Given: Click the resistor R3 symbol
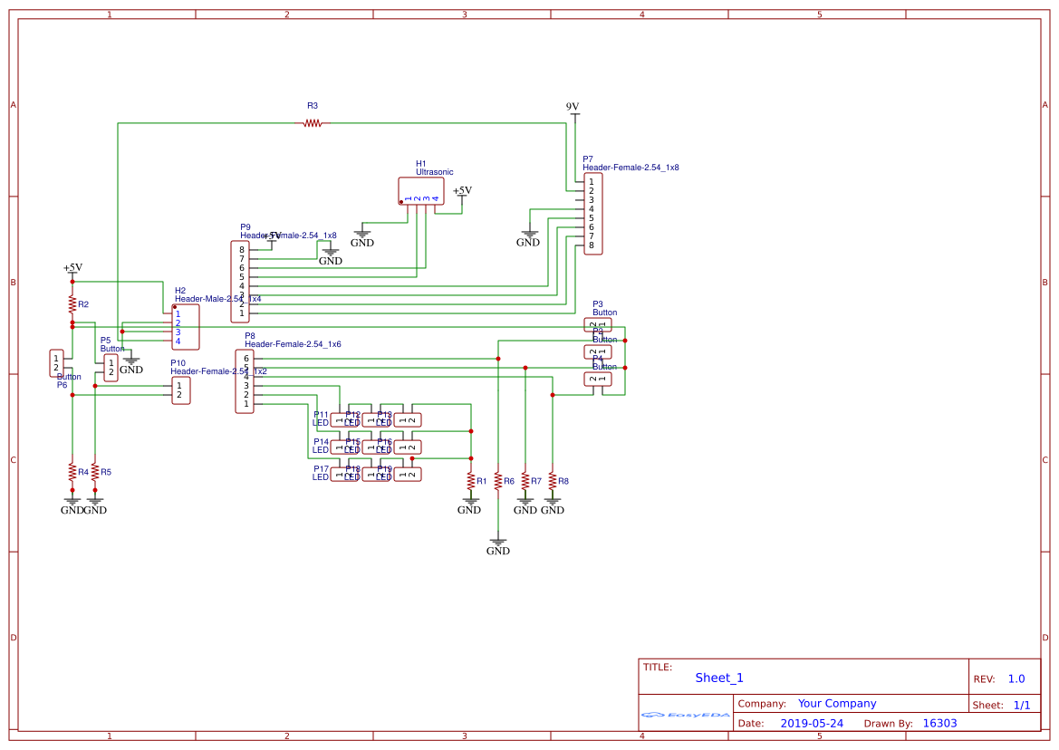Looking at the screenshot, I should tap(313, 123).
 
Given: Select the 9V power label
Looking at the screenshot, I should tap(573, 107).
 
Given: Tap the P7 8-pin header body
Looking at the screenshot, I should tap(592, 214).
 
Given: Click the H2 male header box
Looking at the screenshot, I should tap(186, 328).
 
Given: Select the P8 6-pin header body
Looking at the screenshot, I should tap(245, 381).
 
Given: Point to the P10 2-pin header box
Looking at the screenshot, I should tap(181, 391).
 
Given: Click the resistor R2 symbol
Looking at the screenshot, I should tap(72, 303).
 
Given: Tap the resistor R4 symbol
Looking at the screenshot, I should tap(72, 472).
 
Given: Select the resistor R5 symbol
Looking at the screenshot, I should tap(94, 472).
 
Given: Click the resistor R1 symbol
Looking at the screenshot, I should tap(470, 480).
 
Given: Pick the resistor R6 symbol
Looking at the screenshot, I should tap(497, 481).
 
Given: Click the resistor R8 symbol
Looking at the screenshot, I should tap(552, 481).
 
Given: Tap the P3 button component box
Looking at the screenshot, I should tap(598, 324).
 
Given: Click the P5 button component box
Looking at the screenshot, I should tap(111, 368).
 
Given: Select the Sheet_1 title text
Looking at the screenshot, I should tap(719, 678).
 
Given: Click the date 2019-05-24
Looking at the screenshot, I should tap(812, 723).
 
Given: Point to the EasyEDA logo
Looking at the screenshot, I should tap(686, 715).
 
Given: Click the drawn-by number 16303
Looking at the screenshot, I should tap(939, 723).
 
